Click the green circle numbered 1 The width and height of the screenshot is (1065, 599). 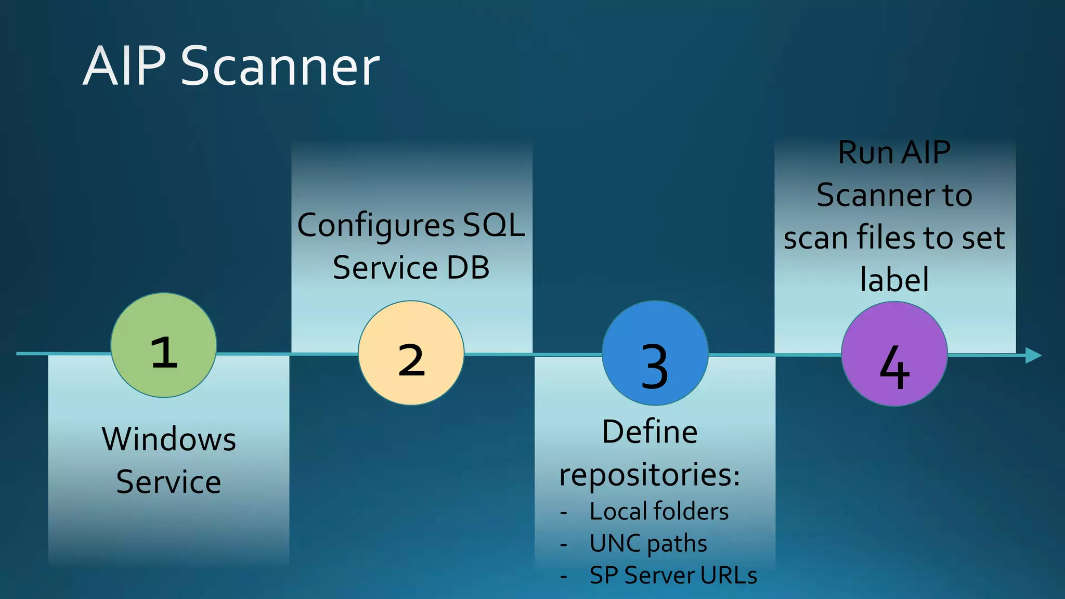pos(164,345)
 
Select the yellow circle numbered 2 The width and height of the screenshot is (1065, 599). pos(411,353)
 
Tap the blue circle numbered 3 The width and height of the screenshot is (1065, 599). pos(655,353)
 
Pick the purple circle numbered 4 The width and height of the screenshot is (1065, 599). pos(894,354)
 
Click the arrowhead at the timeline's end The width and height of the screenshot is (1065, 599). pos(1033,356)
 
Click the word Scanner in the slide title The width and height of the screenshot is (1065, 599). pos(280,66)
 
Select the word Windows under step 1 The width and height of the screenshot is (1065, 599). pos(168,439)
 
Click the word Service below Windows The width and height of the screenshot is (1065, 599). pos(168,482)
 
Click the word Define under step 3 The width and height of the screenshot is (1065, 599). pos(650,432)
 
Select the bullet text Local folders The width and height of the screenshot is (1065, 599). pos(659,512)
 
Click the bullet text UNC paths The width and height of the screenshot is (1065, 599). pos(648,543)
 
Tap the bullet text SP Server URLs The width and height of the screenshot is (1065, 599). pos(673,576)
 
